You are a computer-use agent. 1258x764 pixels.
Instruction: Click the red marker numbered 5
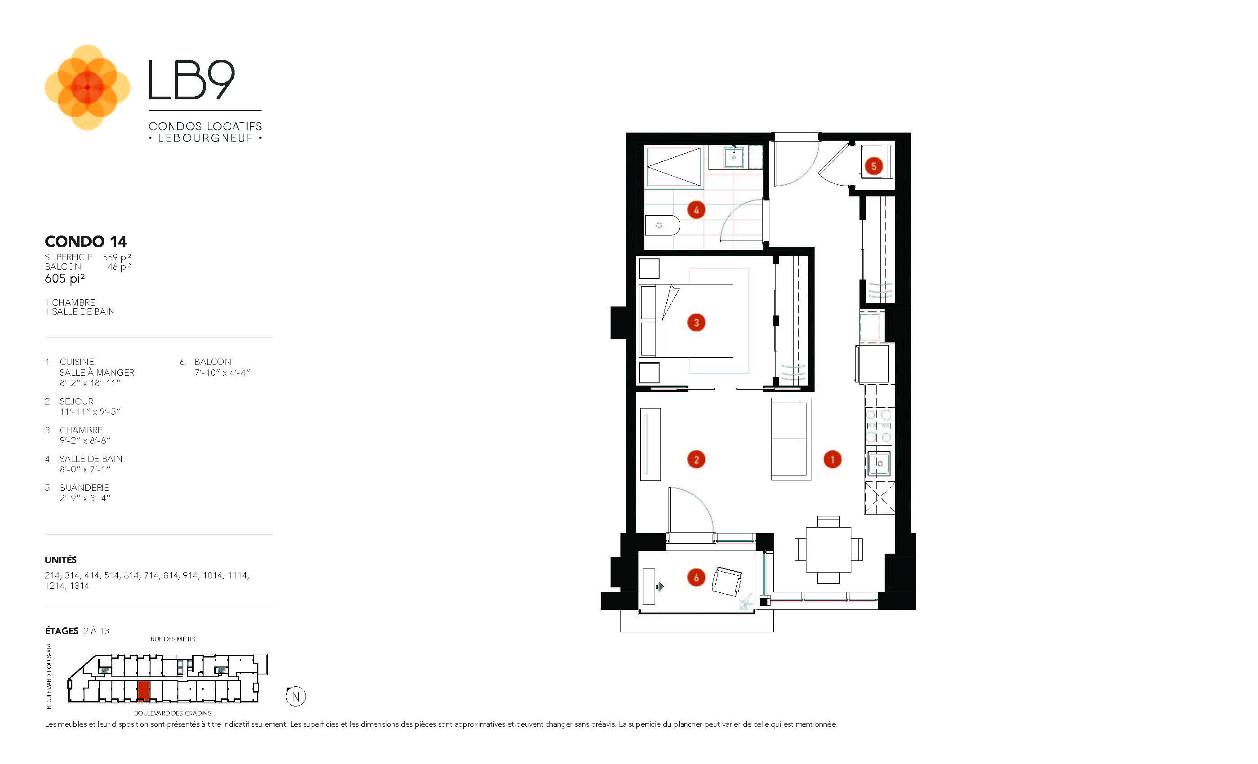pyautogui.click(x=873, y=166)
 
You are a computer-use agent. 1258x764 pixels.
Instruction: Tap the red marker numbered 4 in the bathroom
pyautogui.click(x=696, y=210)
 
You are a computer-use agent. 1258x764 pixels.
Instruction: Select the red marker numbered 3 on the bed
pyautogui.click(x=696, y=323)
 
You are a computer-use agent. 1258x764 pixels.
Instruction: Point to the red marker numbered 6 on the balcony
pyautogui.click(x=696, y=577)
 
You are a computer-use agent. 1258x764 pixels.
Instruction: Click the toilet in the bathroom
pyautogui.click(x=662, y=225)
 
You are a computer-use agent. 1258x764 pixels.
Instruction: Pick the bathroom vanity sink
pyautogui.click(x=734, y=156)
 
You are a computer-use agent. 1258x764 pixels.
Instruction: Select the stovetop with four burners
pyautogui.click(x=879, y=426)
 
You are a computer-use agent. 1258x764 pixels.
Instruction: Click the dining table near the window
pyautogui.click(x=828, y=550)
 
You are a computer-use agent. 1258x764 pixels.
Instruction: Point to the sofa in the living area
pyautogui.click(x=791, y=439)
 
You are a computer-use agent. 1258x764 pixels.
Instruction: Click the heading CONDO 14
pyautogui.click(x=86, y=241)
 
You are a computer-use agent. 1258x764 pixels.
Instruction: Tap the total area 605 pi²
pyautogui.click(x=65, y=278)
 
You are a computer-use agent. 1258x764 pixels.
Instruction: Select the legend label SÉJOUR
pyautogui.click(x=76, y=401)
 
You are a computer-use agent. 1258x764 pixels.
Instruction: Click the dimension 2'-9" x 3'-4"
pyautogui.click(x=85, y=498)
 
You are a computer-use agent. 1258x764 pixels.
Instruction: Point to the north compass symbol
pyautogui.click(x=296, y=697)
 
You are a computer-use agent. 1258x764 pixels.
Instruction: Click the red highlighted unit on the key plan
pyautogui.click(x=143, y=691)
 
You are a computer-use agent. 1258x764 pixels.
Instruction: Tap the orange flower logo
pyautogui.click(x=87, y=87)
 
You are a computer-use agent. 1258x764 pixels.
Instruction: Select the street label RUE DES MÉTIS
pyautogui.click(x=173, y=639)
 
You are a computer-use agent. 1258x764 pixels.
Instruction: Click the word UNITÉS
pyautogui.click(x=61, y=560)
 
